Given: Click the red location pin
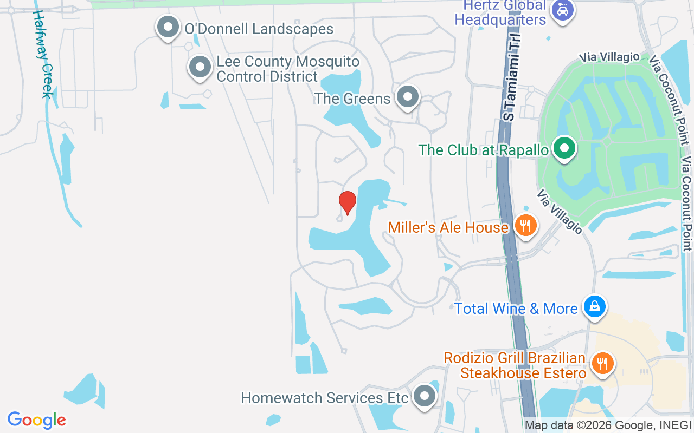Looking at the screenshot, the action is pyautogui.click(x=348, y=202).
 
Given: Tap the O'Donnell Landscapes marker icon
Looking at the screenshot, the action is pyautogui.click(x=168, y=27).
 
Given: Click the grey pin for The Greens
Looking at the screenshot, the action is pyautogui.click(x=408, y=97).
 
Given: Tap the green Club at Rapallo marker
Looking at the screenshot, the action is pyautogui.click(x=564, y=148).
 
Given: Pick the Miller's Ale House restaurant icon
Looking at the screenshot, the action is pyautogui.click(x=525, y=226).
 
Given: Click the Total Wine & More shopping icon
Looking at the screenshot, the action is pyautogui.click(x=595, y=306).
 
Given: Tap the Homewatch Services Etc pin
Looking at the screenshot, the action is pyautogui.click(x=425, y=397).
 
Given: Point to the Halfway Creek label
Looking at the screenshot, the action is pyautogui.click(x=43, y=54).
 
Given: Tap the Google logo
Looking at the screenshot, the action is pyautogui.click(x=36, y=420).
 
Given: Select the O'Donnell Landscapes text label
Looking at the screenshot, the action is pyautogui.click(x=259, y=29).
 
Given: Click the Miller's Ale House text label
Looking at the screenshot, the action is pyautogui.click(x=448, y=227).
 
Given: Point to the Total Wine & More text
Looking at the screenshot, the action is pyautogui.click(x=516, y=309).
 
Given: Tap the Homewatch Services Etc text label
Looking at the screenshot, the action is pyautogui.click(x=324, y=398).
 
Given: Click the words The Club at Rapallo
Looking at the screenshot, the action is pyautogui.click(x=483, y=150).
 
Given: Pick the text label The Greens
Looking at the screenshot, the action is pyautogui.click(x=352, y=99).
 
